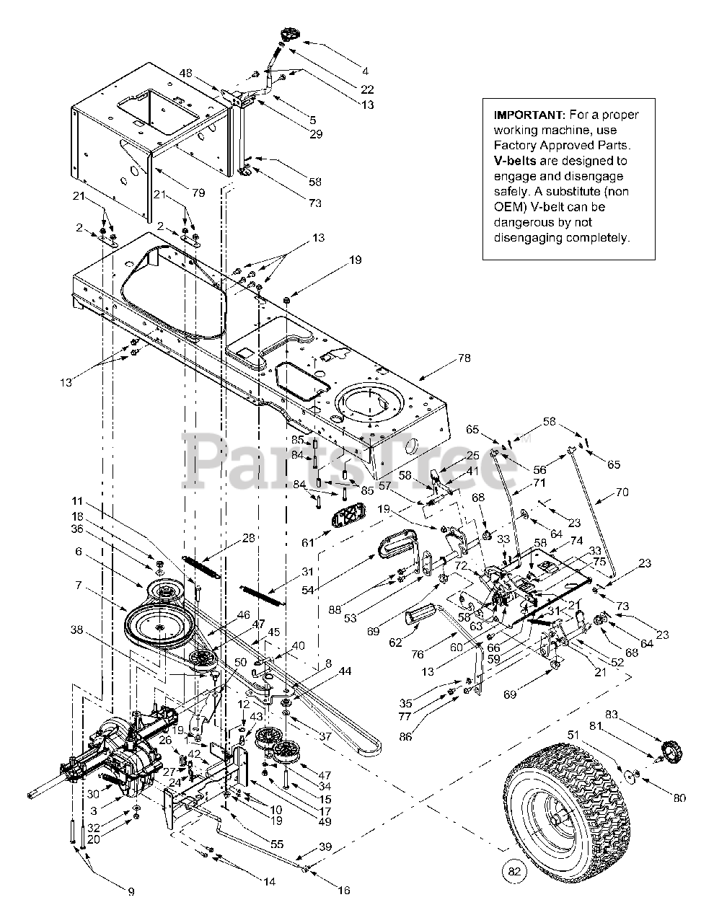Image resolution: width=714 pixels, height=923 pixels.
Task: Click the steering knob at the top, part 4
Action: pos(290,33)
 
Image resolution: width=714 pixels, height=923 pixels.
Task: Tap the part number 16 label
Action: pos(344,890)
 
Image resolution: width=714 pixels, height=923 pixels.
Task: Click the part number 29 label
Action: pos(317,133)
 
